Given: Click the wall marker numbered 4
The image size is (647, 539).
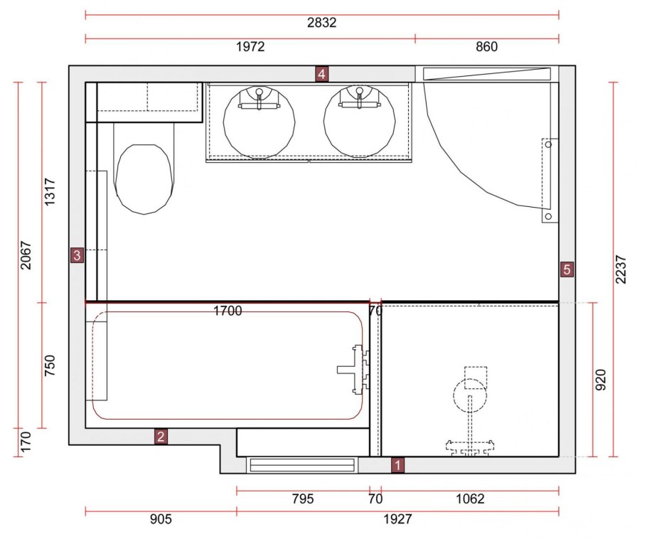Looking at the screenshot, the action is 321,74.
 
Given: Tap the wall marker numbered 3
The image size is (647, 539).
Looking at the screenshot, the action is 77,255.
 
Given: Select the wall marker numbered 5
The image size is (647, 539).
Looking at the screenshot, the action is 567,269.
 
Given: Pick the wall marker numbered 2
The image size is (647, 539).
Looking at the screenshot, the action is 161,436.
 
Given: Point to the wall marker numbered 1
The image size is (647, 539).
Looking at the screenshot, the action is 397,465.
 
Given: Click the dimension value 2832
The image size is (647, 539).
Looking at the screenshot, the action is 322,22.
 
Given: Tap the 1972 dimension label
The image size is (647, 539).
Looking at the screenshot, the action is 250,47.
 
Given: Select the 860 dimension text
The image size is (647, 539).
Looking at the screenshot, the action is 486,47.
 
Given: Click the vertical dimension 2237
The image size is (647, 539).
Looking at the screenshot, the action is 621,269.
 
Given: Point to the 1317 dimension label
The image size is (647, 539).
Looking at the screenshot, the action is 49,192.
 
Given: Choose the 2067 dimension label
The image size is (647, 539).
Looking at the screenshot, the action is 26,255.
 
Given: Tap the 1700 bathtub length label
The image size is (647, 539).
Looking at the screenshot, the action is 228,311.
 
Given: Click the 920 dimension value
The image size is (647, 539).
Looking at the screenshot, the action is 601,380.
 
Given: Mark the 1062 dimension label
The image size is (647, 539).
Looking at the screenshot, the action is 470,499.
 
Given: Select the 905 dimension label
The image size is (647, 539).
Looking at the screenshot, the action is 161,519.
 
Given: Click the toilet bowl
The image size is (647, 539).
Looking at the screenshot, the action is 144,179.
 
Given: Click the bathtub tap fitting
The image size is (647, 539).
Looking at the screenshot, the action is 353,370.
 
